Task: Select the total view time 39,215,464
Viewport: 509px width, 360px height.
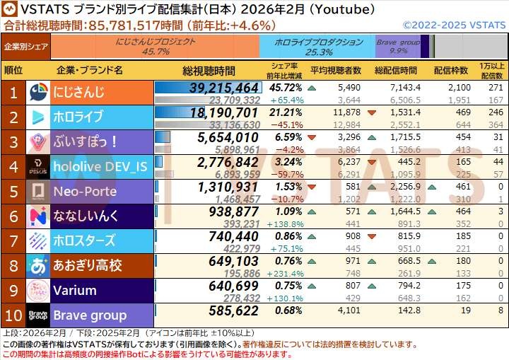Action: [x=224, y=88]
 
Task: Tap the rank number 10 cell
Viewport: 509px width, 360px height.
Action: [x=13, y=315]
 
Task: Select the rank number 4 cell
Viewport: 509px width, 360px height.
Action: [x=13, y=166]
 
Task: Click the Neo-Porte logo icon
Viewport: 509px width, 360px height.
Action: [x=37, y=191]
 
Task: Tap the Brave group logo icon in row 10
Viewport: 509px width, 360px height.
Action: [x=37, y=315]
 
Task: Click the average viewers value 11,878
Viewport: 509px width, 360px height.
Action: [x=346, y=112]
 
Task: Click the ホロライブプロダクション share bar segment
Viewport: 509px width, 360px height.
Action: [x=317, y=47]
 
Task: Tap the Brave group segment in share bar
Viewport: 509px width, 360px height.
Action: [x=397, y=47]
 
